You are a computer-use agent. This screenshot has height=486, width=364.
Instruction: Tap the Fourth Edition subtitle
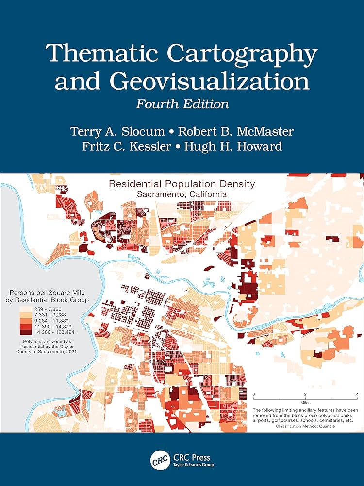point(182,104)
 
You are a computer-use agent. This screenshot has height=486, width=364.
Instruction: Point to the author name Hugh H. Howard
point(238,146)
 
